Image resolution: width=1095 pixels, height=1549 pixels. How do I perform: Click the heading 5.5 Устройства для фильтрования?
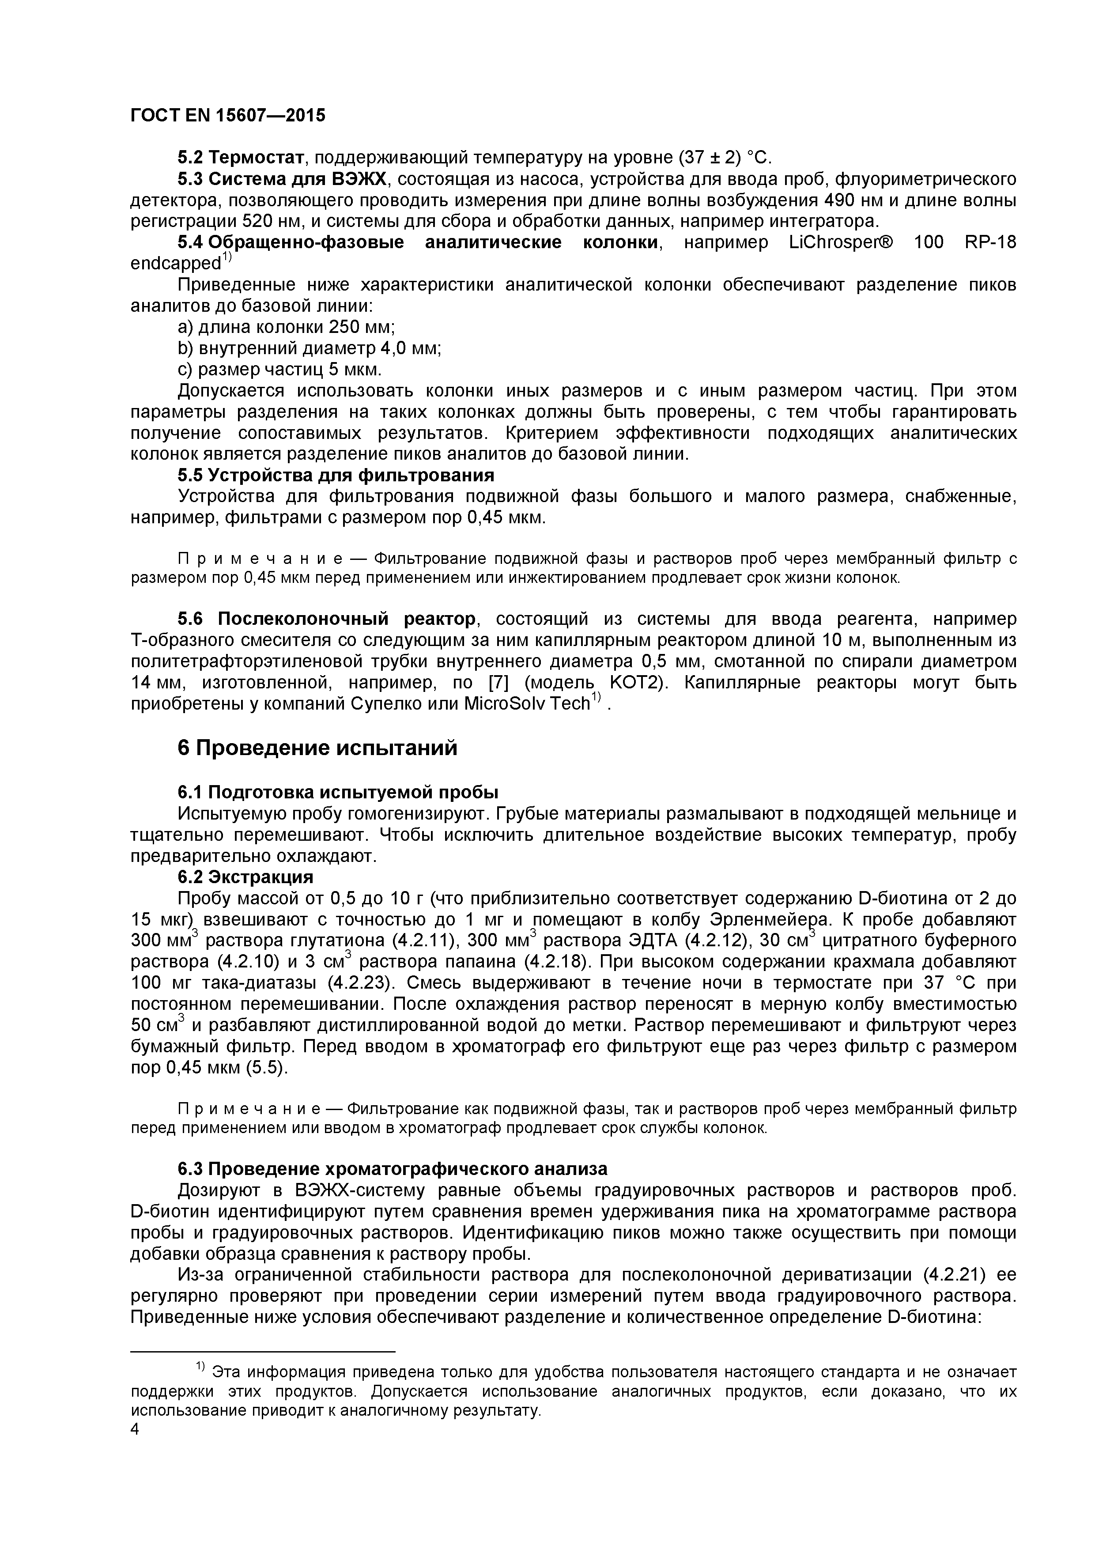click(x=335, y=476)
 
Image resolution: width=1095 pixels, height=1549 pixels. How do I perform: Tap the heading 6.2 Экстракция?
click(x=245, y=877)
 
